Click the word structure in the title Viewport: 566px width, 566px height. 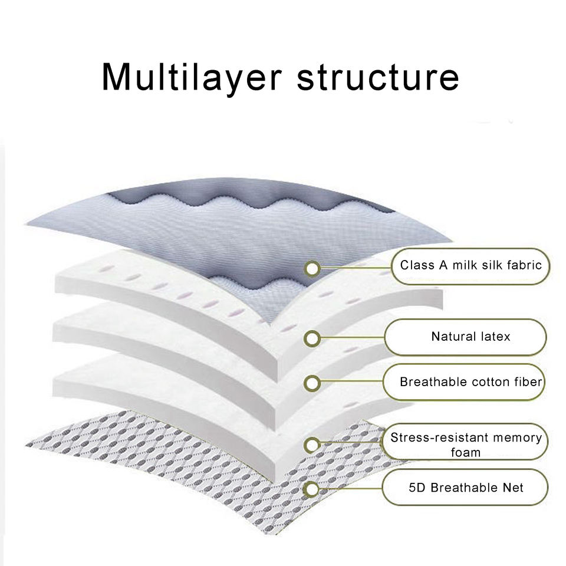[377, 77]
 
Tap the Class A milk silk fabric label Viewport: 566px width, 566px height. [470, 265]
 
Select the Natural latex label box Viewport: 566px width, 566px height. [470, 337]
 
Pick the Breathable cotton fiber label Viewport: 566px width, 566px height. [470, 382]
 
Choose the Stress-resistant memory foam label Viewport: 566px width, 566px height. [466, 445]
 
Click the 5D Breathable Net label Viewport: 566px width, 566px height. [466, 488]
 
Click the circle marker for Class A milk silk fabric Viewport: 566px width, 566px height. [312, 269]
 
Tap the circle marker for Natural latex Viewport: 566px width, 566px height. [312, 338]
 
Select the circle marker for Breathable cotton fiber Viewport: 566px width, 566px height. [312, 383]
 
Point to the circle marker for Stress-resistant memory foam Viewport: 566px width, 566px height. [312, 445]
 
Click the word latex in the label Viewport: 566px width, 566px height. [495, 337]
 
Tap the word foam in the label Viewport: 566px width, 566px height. [466, 453]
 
